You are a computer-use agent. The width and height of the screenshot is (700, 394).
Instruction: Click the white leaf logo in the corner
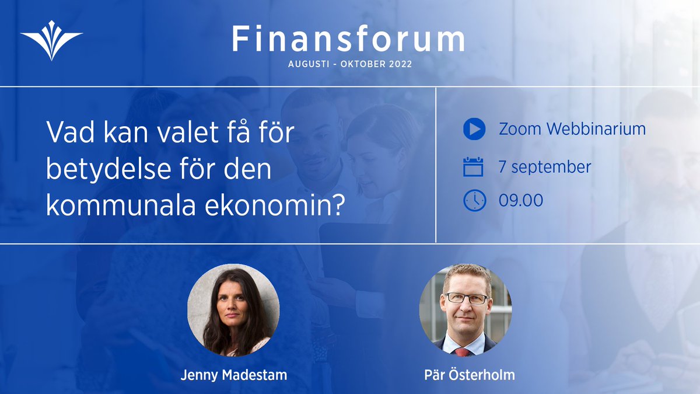(x=51, y=40)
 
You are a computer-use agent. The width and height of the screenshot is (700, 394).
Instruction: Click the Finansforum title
(x=348, y=39)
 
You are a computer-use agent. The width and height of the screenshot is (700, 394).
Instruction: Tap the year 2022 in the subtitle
(x=398, y=64)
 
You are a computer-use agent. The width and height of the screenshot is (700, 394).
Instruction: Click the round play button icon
(x=474, y=129)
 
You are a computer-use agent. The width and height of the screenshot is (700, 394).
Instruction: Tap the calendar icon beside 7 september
(x=474, y=167)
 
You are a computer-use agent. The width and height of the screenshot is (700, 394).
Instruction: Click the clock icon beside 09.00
(x=474, y=200)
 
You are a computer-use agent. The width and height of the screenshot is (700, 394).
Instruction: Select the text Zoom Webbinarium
(x=572, y=129)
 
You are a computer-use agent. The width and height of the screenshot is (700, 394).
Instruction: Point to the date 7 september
(x=545, y=167)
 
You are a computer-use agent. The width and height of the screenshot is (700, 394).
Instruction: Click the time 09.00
(x=520, y=200)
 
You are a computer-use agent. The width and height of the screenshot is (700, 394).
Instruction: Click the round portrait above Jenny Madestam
(x=233, y=310)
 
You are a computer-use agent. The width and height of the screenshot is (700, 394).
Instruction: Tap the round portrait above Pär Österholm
(x=466, y=310)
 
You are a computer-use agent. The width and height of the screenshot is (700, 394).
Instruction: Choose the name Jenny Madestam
(x=233, y=375)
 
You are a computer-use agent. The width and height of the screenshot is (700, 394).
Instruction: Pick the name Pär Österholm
(x=470, y=375)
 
